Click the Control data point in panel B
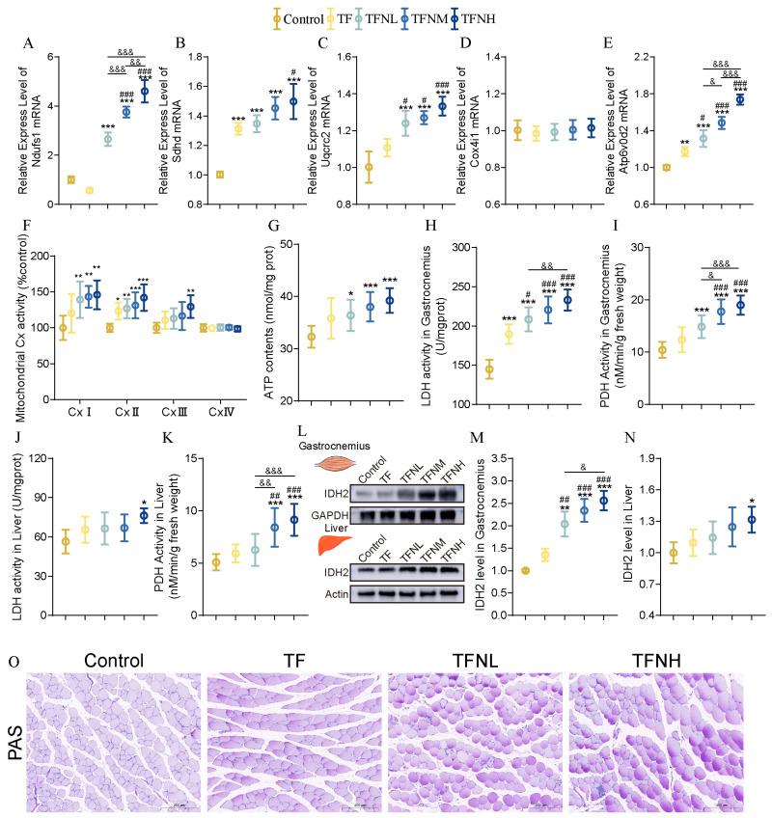point(220,175)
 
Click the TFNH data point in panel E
point(740,99)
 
